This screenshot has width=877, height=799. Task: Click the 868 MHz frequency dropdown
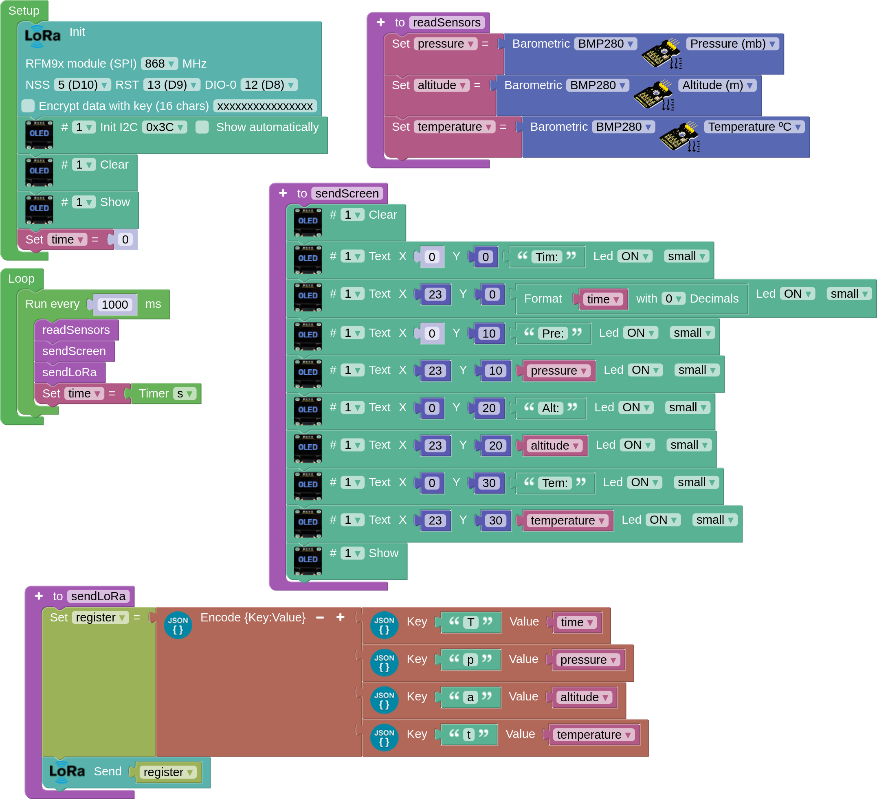click(159, 64)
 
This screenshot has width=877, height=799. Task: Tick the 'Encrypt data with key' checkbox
click(28, 106)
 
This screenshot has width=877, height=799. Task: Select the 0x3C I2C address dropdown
click(164, 127)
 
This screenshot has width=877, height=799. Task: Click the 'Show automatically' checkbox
click(202, 127)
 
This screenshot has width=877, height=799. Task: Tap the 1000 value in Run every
click(115, 305)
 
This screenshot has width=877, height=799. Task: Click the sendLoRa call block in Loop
click(70, 372)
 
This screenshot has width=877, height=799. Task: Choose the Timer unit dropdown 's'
click(185, 394)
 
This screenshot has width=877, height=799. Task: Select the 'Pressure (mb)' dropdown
click(732, 44)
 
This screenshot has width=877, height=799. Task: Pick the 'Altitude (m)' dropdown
click(717, 85)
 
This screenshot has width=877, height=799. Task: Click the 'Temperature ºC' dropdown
click(754, 127)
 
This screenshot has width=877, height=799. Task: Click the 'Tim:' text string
click(546, 257)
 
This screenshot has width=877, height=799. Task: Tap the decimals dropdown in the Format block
click(673, 299)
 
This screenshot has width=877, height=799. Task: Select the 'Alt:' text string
click(550, 408)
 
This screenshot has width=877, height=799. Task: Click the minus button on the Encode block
click(320, 618)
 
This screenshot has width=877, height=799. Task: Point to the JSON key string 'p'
click(470, 660)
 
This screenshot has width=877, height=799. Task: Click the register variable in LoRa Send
click(168, 772)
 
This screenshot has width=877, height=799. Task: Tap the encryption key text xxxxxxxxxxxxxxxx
click(264, 106)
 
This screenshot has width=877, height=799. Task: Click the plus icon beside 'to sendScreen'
click(283, 193)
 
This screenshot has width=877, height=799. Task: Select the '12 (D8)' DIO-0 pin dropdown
click(269, 85)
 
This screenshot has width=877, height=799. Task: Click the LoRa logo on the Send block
click(66, 771)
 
